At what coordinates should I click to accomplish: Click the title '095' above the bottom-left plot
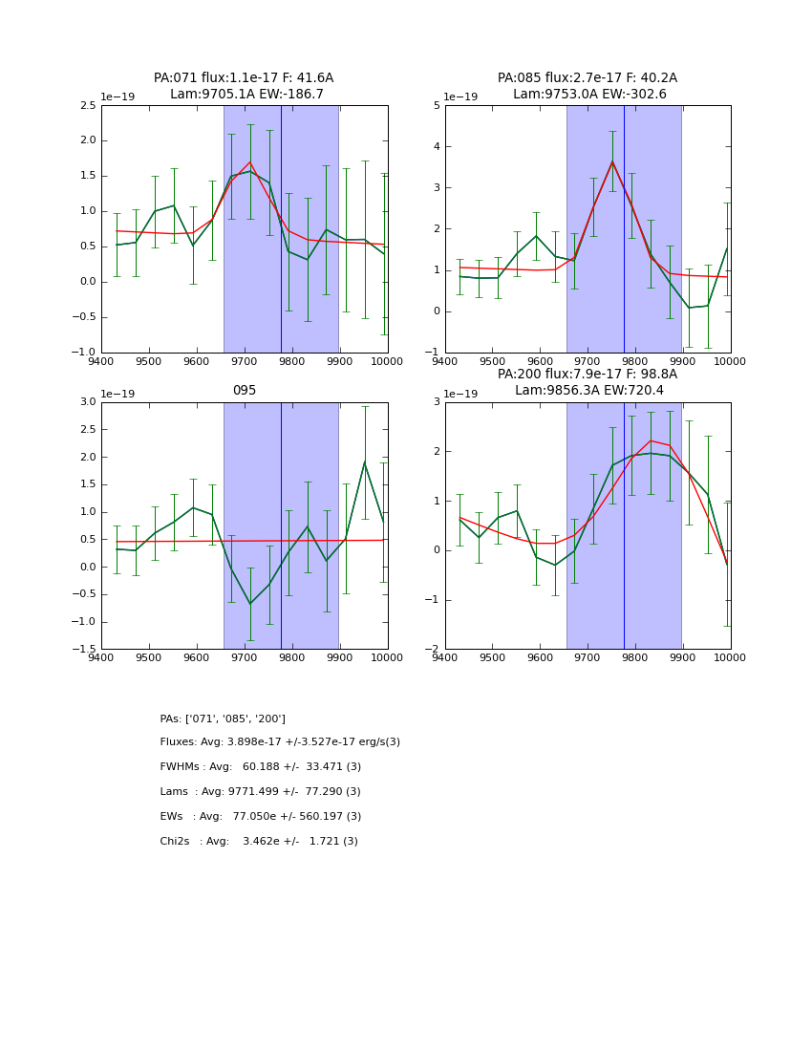pos(245,391)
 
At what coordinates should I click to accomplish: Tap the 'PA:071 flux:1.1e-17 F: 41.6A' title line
pos(244,78)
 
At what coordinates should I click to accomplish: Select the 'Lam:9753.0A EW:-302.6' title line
pos(588,95)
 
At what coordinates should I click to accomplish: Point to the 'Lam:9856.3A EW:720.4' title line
pos(588,391)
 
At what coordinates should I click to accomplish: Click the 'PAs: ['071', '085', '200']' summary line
pos(223,719)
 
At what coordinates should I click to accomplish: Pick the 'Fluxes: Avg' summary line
pos(280,742)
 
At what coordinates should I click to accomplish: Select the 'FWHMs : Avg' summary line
pos(261,767)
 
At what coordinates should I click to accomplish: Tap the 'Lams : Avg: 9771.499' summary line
pos(261,792)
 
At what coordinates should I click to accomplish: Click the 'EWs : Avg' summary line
pos(261,817)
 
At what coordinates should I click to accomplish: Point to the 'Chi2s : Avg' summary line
pos(259,842)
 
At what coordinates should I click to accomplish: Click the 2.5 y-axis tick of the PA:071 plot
pos(88,105)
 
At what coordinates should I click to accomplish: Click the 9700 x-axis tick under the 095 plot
pos(245,657)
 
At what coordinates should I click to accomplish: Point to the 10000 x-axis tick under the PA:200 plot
pos(731,657)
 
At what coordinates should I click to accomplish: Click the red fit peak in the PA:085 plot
pos(612,161)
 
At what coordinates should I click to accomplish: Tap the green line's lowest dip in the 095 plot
pos(250,604)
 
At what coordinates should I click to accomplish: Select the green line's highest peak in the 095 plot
pos(364,462)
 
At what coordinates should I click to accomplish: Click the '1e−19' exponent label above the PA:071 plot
pos(118,97)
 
